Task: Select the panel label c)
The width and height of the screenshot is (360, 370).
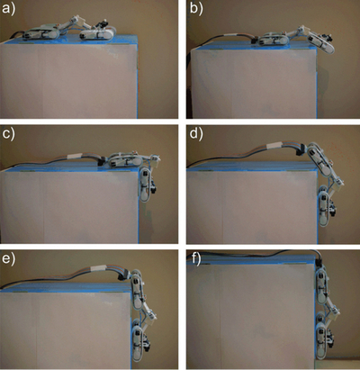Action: pos(8,134)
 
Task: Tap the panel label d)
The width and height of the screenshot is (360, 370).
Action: pos(196,133)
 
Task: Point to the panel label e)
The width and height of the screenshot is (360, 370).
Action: pos(8,259)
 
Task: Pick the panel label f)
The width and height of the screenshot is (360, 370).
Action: pos(196,259)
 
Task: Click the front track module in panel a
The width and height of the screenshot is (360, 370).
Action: pos(98,33)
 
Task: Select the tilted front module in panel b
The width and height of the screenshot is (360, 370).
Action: pos(320,42)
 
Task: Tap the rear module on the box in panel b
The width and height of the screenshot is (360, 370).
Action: pos(272,41)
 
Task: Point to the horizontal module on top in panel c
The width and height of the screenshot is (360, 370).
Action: pos(125,159)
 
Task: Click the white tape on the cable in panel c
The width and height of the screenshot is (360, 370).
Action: pos(74,157)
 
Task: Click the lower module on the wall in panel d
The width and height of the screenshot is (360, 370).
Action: pos(324,208)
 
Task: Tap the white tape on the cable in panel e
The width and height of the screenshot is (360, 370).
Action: pos(97,267)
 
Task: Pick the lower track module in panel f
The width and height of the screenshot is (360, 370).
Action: pos(322,340)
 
